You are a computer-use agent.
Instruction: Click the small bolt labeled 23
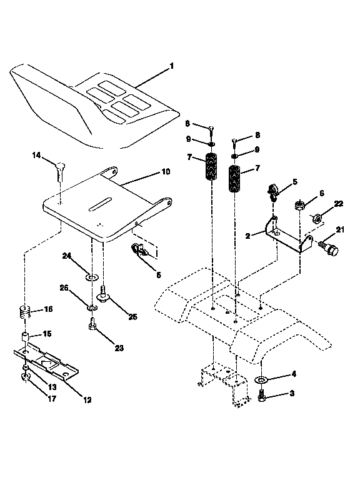pyautogui.click(x=92, y=324)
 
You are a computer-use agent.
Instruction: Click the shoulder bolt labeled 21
pyautogui.click(x=329, y=248)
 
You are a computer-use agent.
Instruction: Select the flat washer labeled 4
pyautogui.click(x=261, y=379)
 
